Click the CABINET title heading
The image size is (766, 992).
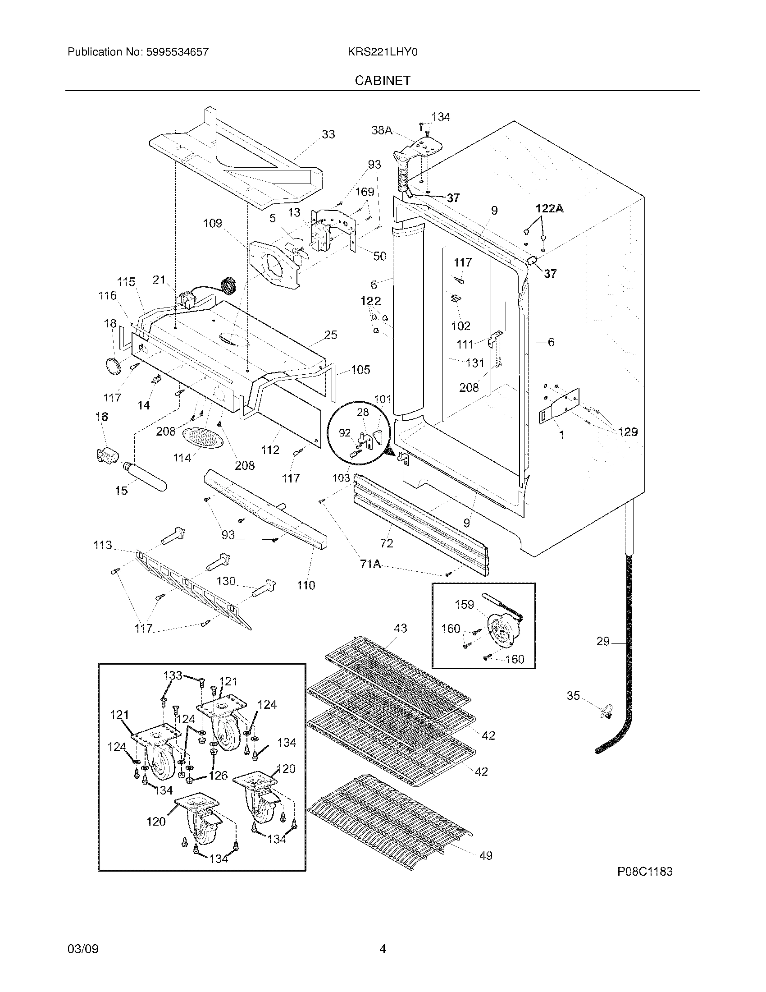382,80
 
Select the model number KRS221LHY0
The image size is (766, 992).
382,52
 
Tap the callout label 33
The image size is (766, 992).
328,134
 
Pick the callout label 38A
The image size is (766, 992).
382,130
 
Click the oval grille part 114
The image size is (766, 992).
203,438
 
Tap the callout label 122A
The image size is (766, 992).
549,208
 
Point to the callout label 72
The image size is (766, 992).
387,543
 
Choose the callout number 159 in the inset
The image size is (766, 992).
464,605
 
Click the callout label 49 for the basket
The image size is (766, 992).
486,856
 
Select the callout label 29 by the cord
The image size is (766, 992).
602,641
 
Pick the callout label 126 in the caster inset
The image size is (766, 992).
218,776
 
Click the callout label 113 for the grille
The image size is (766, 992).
103,545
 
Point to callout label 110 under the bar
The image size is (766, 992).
306,585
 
